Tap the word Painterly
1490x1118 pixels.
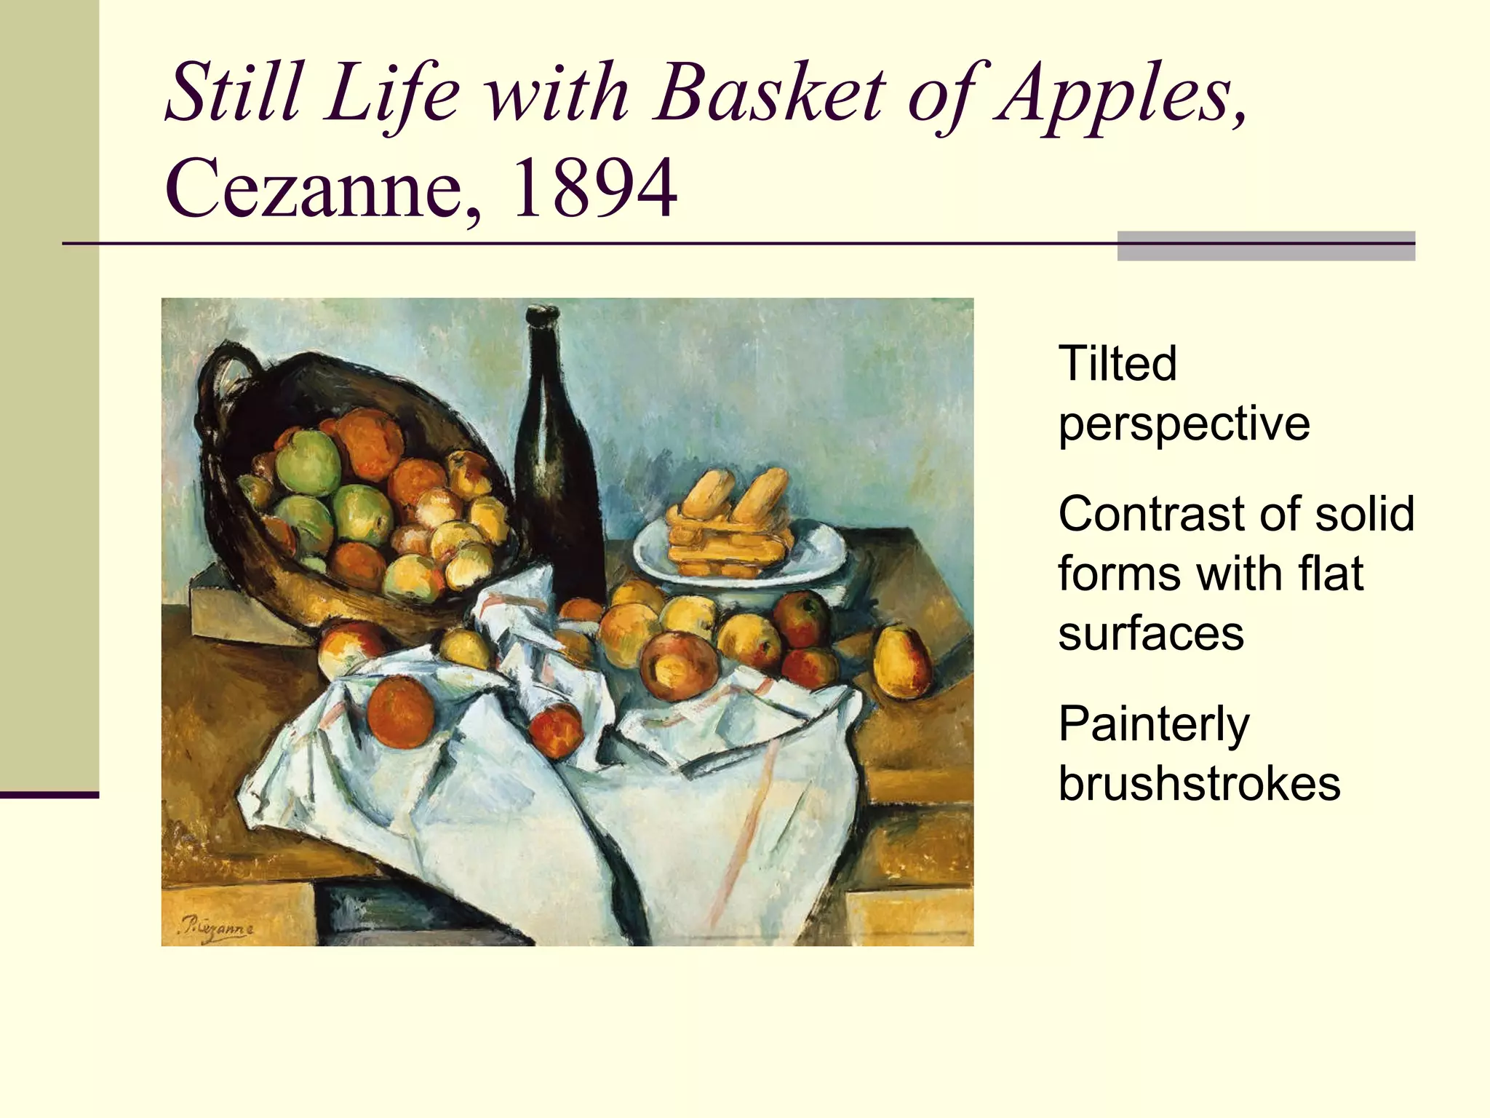[x=1153, y=723]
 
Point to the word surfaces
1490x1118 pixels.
[x=1151, y=633]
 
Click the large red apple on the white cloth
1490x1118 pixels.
[x=399, y=712]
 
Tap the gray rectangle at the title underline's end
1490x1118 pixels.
[x=1265, y=246]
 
